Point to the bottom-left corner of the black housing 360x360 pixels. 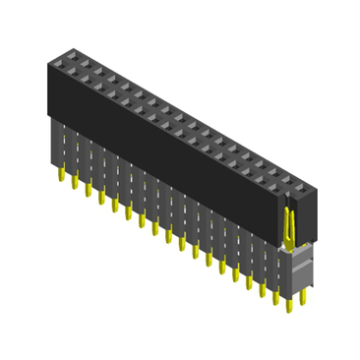tap(48, 116)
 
